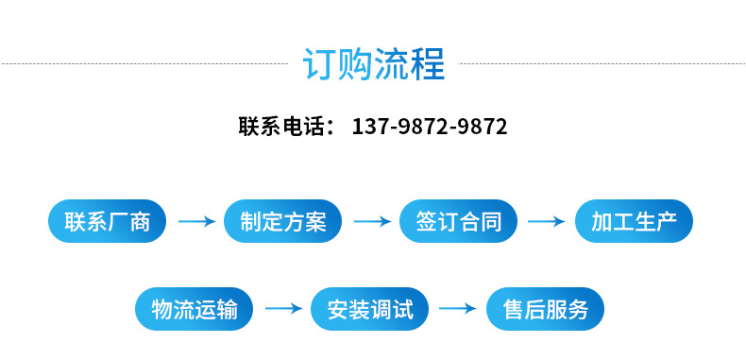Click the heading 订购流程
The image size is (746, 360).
coord(374,64)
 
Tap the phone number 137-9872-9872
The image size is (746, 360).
coord(430,127)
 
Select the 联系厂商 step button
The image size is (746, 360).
coord(107,221)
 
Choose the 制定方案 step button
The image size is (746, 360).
coord(282,221)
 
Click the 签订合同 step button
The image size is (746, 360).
coord(458,221)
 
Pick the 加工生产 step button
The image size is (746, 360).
coord(634,221)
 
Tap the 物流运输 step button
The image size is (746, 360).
coord(195,309)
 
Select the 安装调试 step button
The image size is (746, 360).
coord(369,309)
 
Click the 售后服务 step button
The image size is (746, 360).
coord(545,309)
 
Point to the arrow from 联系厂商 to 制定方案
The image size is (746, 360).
coord(197,221)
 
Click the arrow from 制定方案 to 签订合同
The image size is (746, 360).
coord(372,221)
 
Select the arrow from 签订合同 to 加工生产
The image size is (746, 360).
coord(547,221)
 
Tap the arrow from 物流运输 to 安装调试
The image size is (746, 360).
coord(284,309)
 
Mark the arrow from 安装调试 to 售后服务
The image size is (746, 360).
coord(458,309)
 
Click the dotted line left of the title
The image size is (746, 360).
coord(145,63)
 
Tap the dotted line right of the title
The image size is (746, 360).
coord(601,63)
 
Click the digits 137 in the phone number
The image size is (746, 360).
coord(370,127)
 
